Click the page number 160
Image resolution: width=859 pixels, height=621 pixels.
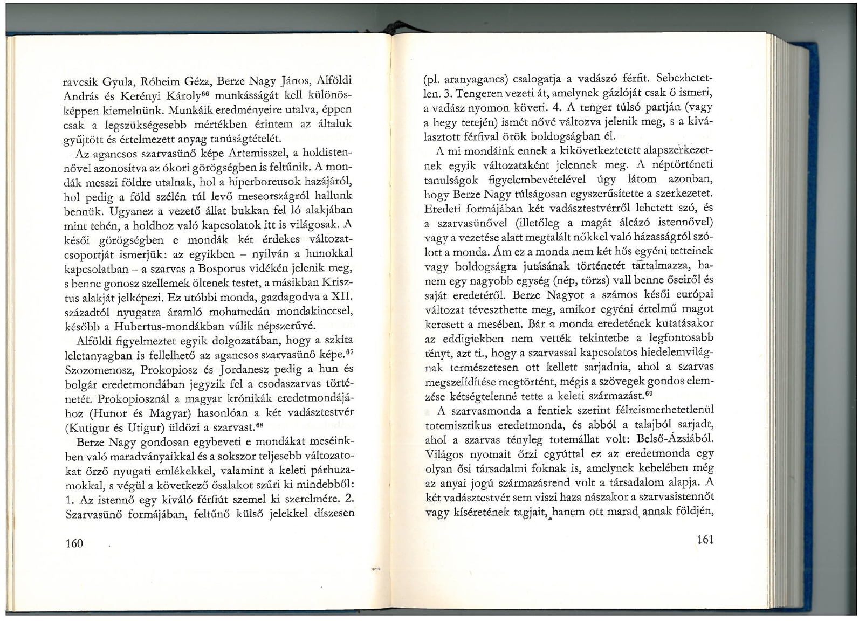74,543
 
